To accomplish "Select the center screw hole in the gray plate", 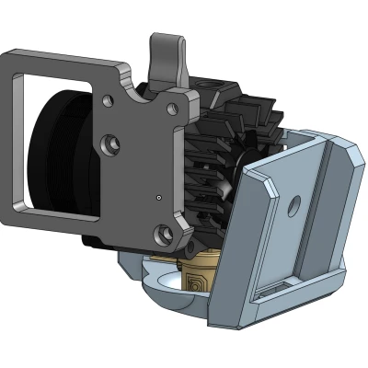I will coord(111,144).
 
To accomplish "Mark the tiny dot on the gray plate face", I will coord(159,196).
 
